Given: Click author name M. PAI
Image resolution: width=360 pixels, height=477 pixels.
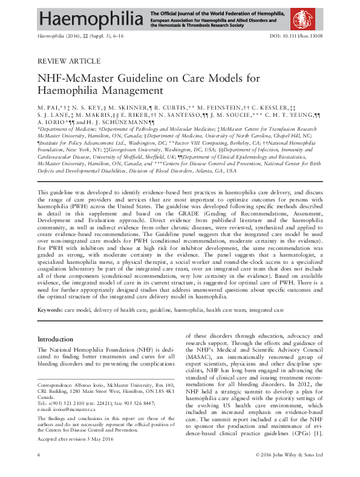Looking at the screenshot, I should click(49, 106).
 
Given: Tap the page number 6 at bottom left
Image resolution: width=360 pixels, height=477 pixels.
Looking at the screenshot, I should click(39, 470).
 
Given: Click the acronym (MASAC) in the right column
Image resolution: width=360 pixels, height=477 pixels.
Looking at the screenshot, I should click(199, 375).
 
